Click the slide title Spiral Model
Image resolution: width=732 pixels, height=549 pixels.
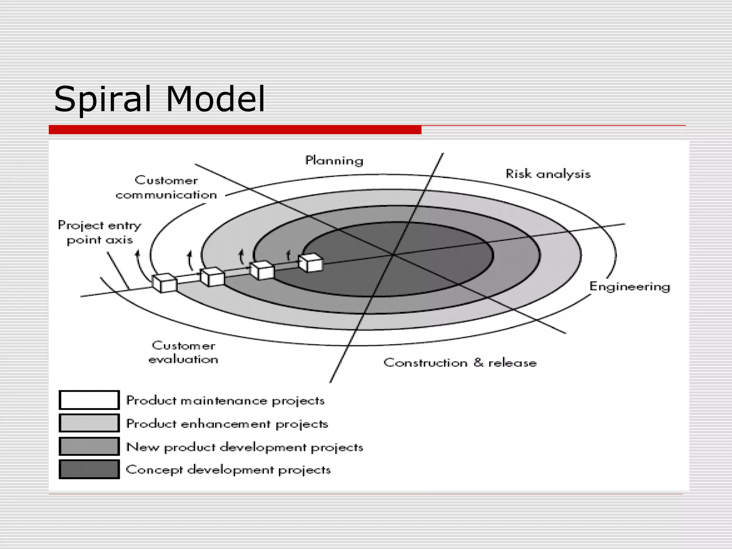[159, 99]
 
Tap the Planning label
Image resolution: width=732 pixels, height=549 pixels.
[334, 160]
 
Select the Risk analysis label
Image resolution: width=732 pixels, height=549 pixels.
[548, 174]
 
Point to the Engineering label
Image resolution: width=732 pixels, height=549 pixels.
[629, 287]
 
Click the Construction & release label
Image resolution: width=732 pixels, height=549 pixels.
[460, 363]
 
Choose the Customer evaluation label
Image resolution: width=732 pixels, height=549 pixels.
[183, 352]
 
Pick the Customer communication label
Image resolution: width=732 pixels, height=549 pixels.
[166, 188]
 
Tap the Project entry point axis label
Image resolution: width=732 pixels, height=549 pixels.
[100, 232]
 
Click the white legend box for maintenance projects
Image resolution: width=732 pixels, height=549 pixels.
[89, 400]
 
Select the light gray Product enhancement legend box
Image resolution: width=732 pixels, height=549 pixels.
[89, 423]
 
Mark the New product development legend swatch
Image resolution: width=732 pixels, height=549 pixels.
[89, 446]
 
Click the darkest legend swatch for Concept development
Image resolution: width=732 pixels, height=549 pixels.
[89, 469]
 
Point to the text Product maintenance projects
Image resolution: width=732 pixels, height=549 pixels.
[225, 401]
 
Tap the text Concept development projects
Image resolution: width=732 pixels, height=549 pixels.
[228, 470]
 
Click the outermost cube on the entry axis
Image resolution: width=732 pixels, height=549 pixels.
[164, 283]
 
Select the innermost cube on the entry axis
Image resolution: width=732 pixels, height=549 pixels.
[311, 263]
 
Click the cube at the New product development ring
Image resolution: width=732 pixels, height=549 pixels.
[262, 270]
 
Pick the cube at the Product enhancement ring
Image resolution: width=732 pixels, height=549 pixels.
[212, 277]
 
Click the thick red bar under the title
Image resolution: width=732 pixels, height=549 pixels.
[235, 130]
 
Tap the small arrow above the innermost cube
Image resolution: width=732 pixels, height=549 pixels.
[288, 255]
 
